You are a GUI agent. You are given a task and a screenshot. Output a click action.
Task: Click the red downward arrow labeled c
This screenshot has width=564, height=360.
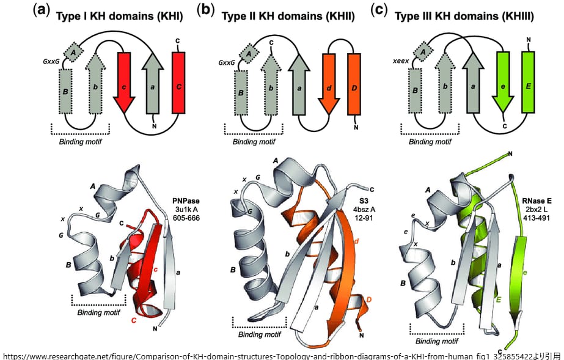(x=124, y=83)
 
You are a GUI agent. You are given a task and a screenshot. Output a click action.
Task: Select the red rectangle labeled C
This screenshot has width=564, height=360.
(x=178, y=83)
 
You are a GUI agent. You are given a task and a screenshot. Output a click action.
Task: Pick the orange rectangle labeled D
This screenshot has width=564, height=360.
(x=354, y=84)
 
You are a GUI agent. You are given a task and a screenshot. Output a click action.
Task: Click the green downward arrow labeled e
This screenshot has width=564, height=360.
(x=503, y=82)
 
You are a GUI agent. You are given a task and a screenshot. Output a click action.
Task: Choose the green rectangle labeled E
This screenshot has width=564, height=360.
(x=528, y=82)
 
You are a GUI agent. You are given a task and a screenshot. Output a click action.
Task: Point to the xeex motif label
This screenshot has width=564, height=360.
(x=401, y=61)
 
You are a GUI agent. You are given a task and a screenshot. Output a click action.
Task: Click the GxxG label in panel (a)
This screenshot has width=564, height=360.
(x=51, y=62)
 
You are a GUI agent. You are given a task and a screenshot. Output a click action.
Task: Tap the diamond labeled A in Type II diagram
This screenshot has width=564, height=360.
(x=249, y=54)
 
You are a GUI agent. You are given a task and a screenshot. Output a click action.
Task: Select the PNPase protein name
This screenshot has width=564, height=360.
(x=186, y=201)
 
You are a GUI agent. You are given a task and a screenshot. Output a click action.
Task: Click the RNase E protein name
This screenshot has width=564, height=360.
(x=537, y=201)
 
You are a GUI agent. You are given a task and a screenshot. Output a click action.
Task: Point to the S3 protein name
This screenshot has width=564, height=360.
(x=364, y=200)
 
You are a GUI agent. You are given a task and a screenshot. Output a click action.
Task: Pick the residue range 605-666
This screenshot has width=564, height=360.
(x=186, y=218)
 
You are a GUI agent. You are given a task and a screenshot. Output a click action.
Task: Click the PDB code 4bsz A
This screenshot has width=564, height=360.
(x=364, y=209)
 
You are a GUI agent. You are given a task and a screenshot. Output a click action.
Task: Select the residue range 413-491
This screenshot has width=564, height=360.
(x=537, y=218)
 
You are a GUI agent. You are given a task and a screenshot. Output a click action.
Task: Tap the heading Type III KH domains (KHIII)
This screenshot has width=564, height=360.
(x=464, y=17)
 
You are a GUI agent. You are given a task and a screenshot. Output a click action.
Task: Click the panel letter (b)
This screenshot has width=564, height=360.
(x=205, y=10)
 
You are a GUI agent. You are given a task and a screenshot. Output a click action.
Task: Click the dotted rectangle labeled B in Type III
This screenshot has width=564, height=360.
(x=415, y=90)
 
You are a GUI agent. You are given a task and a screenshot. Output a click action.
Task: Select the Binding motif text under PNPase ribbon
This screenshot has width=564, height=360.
(x=98, y=312)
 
